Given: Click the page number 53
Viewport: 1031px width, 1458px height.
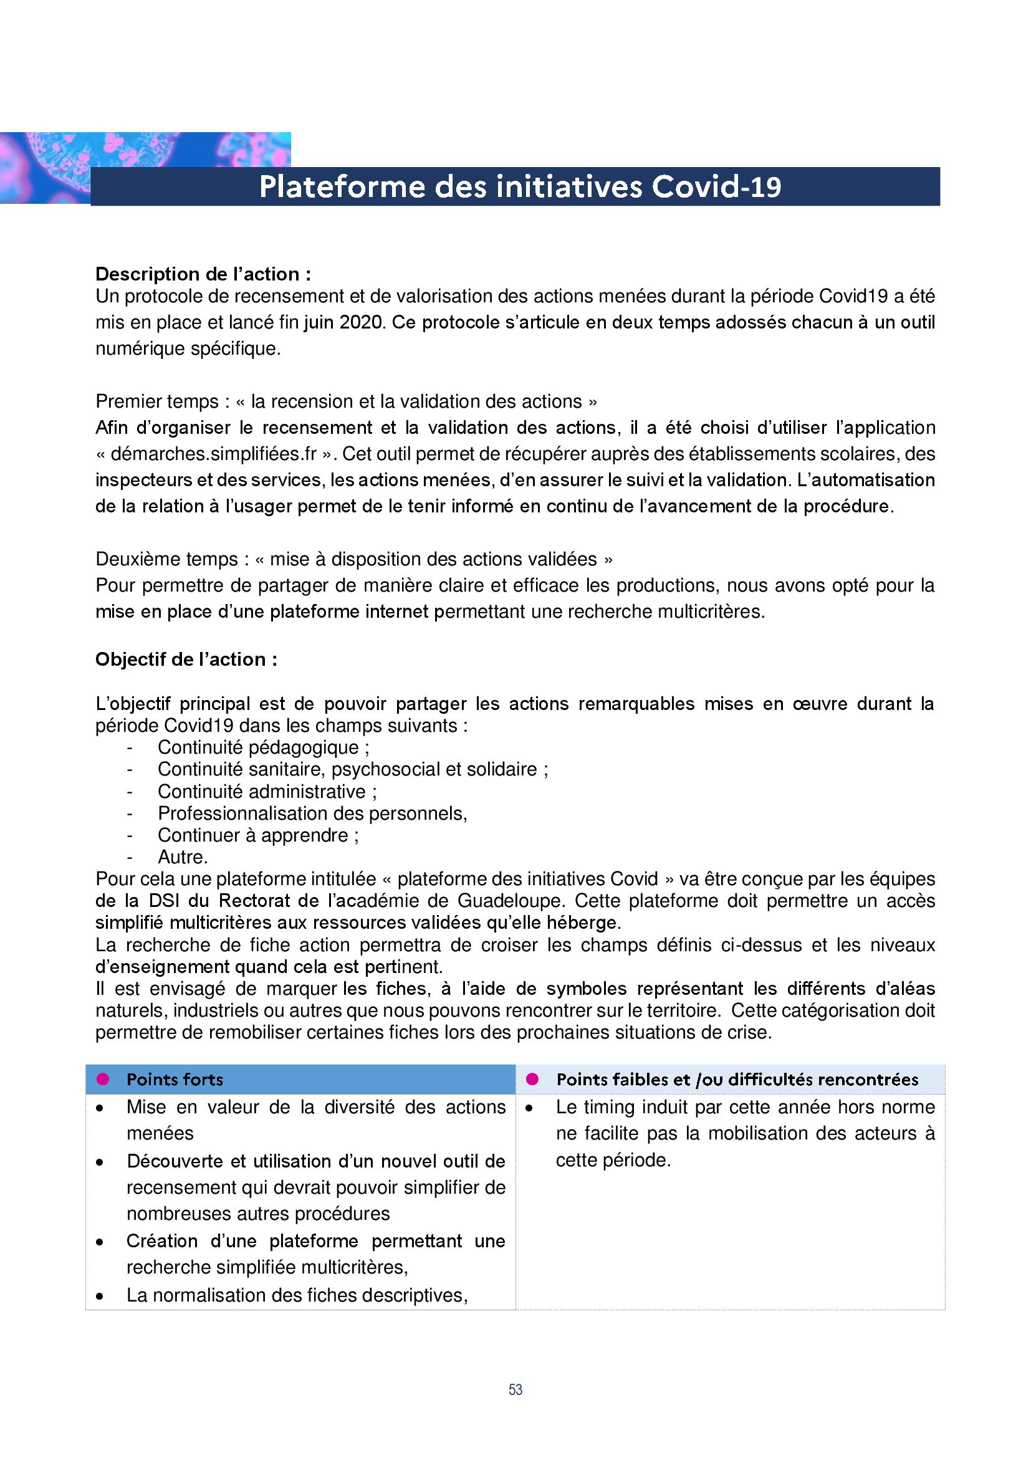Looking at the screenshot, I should coord(515,1389).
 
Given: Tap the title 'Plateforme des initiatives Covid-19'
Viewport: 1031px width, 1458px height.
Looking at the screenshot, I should coord(520,187).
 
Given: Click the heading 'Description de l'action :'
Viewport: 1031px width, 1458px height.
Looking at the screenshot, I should coord(203,274).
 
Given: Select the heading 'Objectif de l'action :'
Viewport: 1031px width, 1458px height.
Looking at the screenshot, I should coord(186,659).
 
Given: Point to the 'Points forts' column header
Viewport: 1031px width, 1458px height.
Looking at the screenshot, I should coord(175,1079).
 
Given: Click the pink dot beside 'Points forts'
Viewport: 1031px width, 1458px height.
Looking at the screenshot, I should coord(103,1079).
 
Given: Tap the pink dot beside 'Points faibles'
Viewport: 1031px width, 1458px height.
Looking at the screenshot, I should coord(532,1079).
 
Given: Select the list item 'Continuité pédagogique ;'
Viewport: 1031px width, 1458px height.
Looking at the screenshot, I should coord(264,747).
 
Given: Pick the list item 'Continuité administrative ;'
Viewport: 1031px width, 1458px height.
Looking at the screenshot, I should coord(267,791).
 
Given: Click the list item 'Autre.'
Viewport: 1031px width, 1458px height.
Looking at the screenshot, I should coord(183,857).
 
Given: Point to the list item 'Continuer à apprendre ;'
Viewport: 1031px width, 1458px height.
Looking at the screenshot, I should coord(259,835).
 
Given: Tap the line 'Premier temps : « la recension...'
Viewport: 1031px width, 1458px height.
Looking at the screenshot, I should coord(347,401).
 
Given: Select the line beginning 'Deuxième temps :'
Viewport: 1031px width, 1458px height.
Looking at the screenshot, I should coord(354,559).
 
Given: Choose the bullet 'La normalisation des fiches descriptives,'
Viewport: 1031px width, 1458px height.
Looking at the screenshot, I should coord(297,1295).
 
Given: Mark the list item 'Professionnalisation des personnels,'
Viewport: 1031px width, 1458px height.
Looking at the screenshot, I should coord(312,813).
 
